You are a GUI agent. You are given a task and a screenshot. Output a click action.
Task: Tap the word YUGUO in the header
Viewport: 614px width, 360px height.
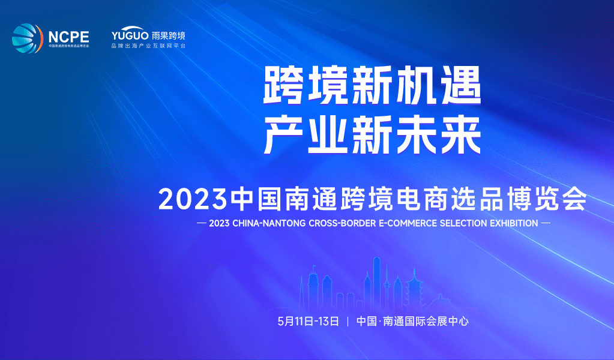[x=130, y=34]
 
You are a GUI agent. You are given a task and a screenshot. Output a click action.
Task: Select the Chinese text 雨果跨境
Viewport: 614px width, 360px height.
[x=169, y=34]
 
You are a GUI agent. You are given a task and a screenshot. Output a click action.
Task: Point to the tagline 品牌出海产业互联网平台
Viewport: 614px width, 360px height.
[x=149, y=46]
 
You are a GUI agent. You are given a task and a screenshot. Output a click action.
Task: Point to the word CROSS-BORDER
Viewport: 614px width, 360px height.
[x=338, y=223]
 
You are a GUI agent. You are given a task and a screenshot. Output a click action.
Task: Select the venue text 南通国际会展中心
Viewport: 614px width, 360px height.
[x=426, y=321]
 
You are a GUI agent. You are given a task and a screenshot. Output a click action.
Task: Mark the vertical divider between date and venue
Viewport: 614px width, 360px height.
[x=348, y=321]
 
